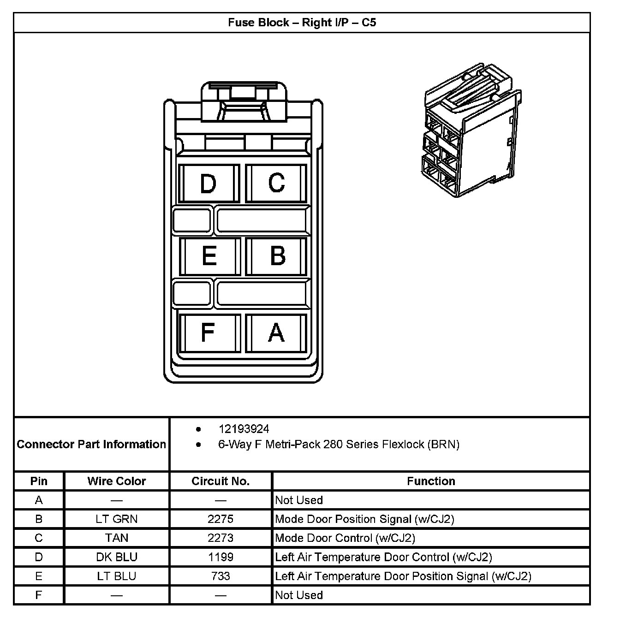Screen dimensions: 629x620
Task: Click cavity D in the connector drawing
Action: click(208, 184)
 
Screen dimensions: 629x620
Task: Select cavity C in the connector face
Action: click(276, 183)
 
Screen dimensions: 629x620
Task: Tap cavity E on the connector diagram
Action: click(209, 256)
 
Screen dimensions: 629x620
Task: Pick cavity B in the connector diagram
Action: click(277, 256)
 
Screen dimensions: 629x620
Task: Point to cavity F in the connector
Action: click(208, 332)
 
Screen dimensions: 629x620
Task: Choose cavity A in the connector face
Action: click(276, 332)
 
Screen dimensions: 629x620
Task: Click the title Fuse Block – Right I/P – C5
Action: click(302, 23)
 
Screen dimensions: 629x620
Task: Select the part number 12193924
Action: click(244, 429)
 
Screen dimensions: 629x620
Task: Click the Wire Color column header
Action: click(117, 481)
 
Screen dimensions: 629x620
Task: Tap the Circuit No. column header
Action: click(221, 481)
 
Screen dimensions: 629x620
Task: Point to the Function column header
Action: click(431, 481)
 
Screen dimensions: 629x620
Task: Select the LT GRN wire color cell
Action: click(117, 519)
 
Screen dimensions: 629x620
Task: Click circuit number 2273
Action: click(221, 538)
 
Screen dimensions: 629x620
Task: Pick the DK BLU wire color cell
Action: click(117, 557)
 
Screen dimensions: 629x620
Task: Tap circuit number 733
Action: click(221, 576)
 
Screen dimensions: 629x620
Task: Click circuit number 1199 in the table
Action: click(221, 557)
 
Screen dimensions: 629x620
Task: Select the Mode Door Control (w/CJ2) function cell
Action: click(345, 538)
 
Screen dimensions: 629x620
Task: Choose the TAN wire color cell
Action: click(117, 538)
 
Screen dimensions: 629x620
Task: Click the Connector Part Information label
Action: click(91, 444)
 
